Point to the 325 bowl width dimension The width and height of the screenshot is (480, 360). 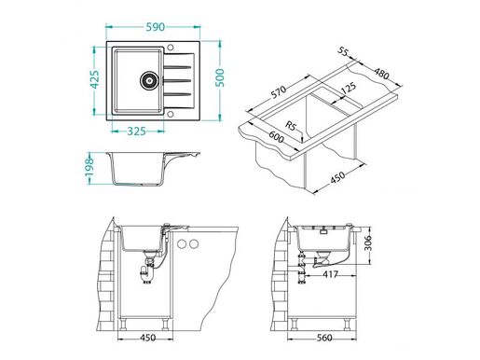click(137, 130)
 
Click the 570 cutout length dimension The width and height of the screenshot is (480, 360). click(275, 94)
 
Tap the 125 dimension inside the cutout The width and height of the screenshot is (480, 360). click(350, 88)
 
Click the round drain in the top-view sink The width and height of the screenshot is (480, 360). click(145, 79)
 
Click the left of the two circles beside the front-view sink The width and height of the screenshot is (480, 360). click(183, 244)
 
